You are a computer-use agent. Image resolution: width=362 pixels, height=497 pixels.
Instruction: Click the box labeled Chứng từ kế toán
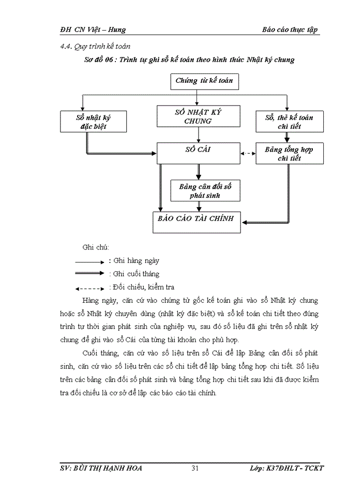(x=204, y=81)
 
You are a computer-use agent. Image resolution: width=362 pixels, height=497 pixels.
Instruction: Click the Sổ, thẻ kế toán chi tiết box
(x=289, y=122)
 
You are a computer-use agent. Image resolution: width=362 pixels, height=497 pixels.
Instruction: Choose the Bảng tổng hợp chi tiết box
(x=289, y=154)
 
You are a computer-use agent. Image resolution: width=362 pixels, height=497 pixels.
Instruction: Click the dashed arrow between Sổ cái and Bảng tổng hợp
(x=248, y=153)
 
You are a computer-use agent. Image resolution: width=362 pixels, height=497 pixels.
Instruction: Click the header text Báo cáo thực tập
(x=290, y=30)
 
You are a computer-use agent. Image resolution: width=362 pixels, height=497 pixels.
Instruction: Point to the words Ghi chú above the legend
(x=96, y=247)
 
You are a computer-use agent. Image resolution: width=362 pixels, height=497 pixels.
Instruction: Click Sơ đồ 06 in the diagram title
(x=100, y=60)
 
